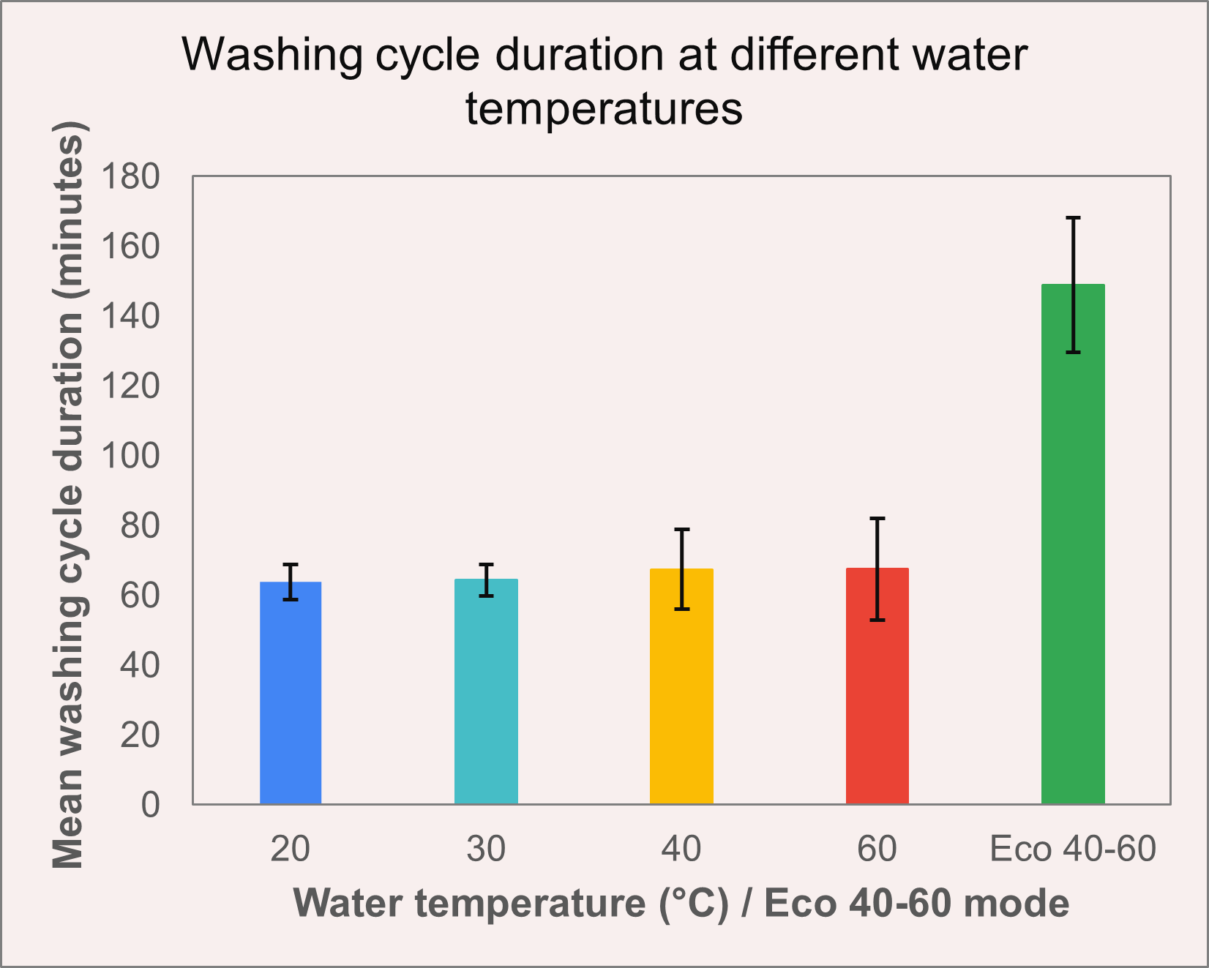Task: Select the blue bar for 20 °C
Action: pos(291,693)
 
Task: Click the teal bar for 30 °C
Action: pos(486,691)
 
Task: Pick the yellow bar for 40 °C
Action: pos(681,686)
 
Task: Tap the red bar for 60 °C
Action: pos(877,686)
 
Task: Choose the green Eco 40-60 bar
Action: pos(1073,544)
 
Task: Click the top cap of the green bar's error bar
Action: pos(1073,218)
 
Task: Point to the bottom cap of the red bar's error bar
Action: pos(877,620)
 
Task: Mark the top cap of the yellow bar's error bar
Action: pos(681,529)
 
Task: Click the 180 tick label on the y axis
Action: pos(130,176)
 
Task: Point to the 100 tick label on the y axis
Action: pos(130,456)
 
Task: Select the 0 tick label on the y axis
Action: pos(150,805)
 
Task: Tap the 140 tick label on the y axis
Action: pos(130,316)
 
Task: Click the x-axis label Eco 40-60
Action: pos(1073,849)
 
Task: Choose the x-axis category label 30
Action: pos(486,849)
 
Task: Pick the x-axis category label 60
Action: pos(877,849)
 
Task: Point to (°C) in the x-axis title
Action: pos(695,904)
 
